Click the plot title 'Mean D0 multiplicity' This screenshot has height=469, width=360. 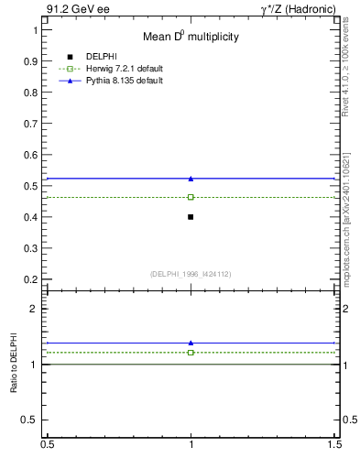[191, 37]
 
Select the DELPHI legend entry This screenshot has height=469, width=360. [100, 57]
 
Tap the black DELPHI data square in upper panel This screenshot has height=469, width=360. [191, 217]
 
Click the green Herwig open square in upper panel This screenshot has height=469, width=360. [191, 197]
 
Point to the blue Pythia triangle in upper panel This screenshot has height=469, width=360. [191, 179]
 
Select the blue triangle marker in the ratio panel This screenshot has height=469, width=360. [191, 343]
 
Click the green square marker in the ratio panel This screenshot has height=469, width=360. [191, 352]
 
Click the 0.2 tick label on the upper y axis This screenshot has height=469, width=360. [35, 279]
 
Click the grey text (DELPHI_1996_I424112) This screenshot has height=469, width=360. [191, 272]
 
